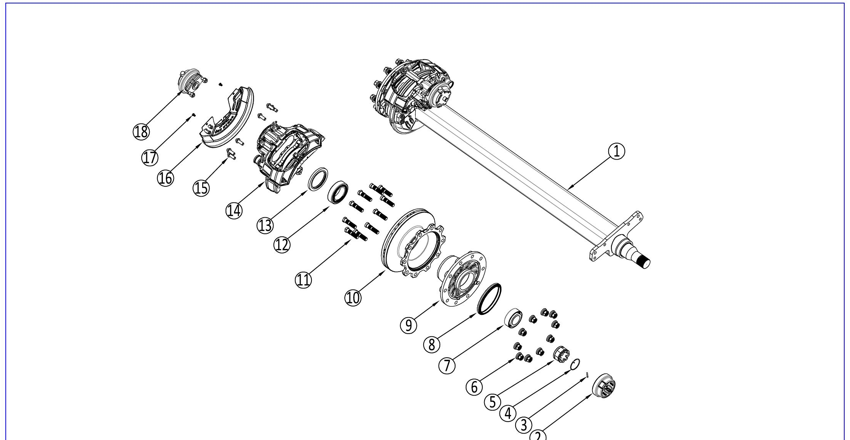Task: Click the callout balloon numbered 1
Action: (x=616, y=152)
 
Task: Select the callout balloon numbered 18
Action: (x=141, y=132)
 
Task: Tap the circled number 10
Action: (x=353, y=297)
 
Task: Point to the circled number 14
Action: (x=234, y=210)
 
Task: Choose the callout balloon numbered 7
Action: (x=447, y=366)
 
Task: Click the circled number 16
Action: (x=165, y=178)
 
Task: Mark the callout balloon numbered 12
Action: (x=282, y=244)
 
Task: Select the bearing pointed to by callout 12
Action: (x=338, y=193)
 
